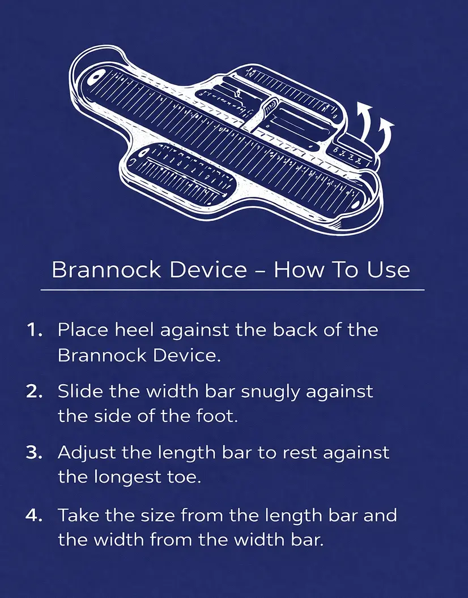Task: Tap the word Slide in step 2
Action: [x=78, y=392]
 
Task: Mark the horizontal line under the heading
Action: [x=232, y=290]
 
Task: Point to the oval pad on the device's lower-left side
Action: [x=181, y=173]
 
